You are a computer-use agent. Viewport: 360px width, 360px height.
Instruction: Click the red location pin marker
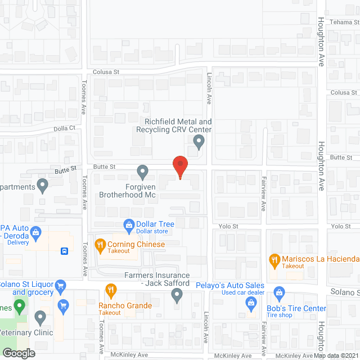[x=179, y=167]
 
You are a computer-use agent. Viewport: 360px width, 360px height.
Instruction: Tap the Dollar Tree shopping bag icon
[x=129, y=224]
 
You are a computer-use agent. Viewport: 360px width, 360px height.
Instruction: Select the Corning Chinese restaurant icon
[x=101, y=244]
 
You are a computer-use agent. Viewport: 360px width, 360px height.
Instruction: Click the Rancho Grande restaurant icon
[x=111, y=291]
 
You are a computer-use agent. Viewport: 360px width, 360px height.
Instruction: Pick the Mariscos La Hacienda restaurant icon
[x=274, y=259]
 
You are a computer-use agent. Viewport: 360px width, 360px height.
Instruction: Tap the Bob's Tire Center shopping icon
[x=278, y=292]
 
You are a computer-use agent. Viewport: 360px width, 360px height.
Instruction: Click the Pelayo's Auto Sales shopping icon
[x=251, y=303]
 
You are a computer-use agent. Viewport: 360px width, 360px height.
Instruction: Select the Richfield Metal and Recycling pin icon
[x=199, y=143]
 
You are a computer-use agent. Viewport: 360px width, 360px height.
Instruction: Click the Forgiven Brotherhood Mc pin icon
[x=142, y=170]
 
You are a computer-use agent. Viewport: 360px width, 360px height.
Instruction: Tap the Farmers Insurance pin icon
[x=177, y=294]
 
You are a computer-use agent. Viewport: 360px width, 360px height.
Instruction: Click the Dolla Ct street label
[x=65, y=128]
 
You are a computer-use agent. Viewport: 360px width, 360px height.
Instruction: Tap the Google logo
[x=19, y=353]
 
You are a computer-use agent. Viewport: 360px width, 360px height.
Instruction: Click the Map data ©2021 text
[x=336, y=355]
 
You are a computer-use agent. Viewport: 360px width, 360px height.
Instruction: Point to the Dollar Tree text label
[x=155, y=224]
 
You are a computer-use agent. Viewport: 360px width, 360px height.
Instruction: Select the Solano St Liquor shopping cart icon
[x=62, y=305]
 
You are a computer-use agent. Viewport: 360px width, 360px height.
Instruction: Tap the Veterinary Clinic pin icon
[x=40, y=318]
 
